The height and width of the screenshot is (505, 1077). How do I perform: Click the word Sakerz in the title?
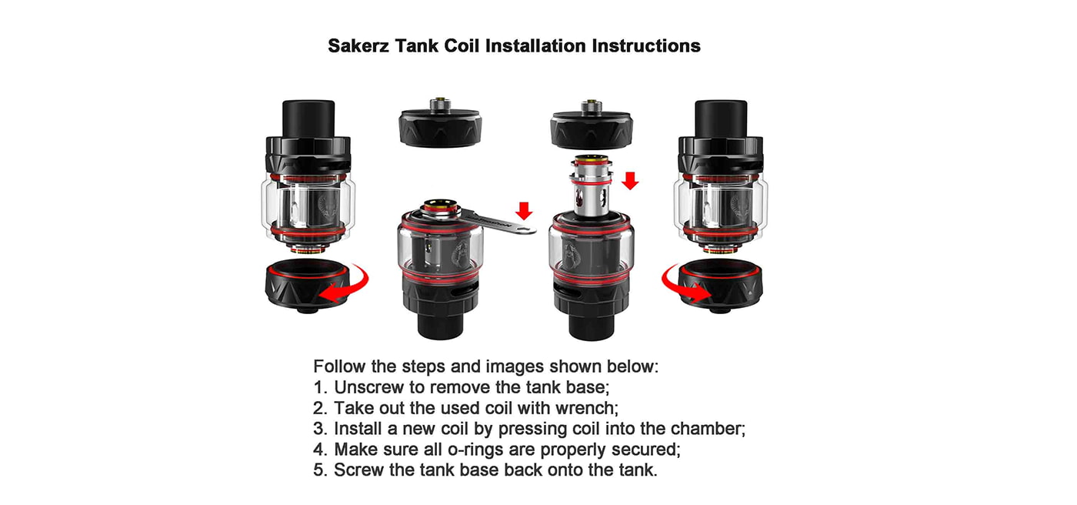point(358,46)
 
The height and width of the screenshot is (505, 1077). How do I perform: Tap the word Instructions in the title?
point(646,46)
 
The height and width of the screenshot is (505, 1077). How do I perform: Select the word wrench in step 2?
point(586,408)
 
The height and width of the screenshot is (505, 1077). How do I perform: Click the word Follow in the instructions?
point(339,366)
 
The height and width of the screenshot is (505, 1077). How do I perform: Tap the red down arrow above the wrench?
point(524,211)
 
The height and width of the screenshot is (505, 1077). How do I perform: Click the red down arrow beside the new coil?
point(630,181)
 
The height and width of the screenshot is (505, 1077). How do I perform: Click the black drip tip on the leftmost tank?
point(308,119)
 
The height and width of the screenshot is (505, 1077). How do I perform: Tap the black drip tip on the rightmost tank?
point(721,119)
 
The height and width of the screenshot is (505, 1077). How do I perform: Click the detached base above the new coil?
point(592,124)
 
